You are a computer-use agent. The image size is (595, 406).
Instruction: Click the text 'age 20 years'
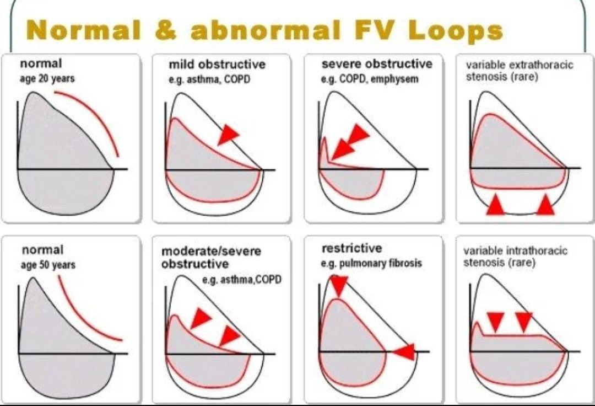point(48,78)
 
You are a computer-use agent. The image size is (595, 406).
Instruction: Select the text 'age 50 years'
point(48,264)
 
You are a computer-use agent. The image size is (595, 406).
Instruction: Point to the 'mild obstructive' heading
point(217,65)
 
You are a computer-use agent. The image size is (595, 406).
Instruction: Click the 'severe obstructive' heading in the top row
point(377,64)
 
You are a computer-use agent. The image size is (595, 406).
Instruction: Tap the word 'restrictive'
point(351,248)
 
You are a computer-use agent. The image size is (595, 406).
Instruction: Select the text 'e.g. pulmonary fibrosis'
point(371,263)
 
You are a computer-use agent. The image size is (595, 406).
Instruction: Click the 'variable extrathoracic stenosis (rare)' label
point(519,71)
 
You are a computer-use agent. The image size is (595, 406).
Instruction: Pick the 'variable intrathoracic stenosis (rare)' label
point(515,257)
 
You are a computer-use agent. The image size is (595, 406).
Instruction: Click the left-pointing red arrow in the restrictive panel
point(404,351)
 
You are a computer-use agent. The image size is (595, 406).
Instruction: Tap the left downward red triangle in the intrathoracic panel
point(496,321)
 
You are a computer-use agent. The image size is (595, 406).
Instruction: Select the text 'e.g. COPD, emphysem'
point(369,79)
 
